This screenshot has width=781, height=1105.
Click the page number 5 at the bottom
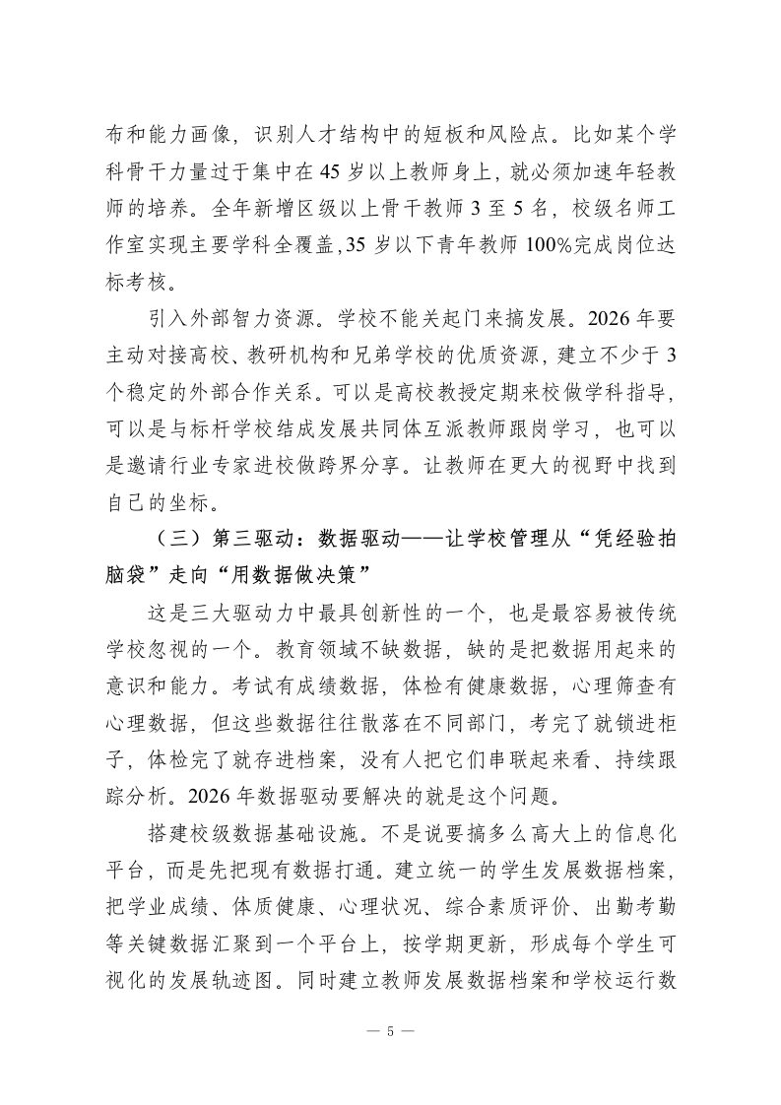(390, 1032)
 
